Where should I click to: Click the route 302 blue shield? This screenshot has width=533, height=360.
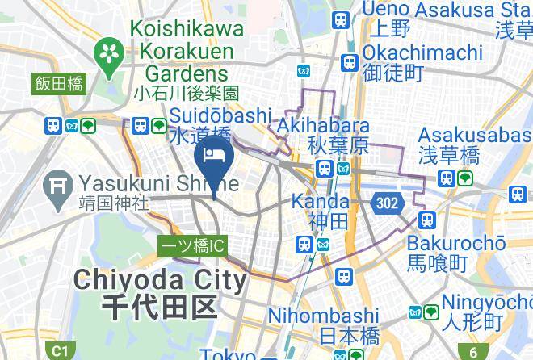click(387, 203)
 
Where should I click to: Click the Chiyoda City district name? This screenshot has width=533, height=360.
click(160, 280)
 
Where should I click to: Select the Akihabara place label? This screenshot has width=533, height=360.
click(323, 126)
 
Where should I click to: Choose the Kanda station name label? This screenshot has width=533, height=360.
click(321, 200)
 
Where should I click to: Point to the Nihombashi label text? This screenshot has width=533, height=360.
click(322, 315)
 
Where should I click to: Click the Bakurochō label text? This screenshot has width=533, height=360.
click(455, 242)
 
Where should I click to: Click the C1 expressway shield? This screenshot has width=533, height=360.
click(59, 351)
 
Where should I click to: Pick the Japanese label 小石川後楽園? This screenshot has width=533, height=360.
click(187, 94)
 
